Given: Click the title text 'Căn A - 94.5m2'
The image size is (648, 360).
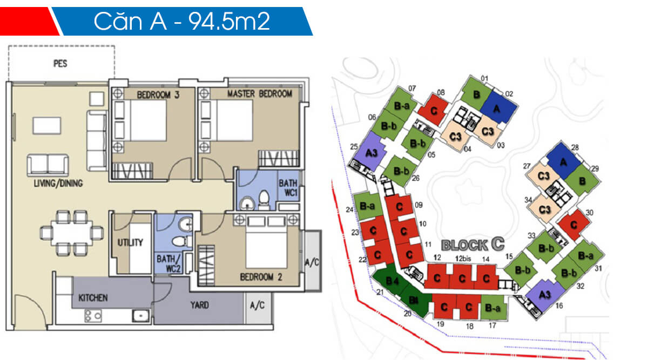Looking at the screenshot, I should click(181, 21).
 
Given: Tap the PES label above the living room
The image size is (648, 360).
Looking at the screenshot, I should click(60, 64).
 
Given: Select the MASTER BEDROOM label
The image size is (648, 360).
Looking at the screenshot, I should click(259, 94).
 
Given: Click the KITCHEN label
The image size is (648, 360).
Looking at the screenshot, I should click(93, 297).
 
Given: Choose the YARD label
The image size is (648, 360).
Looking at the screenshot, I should click(200, 305).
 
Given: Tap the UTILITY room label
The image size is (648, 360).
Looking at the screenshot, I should click(130, 243).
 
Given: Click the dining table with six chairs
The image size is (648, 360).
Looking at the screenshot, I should click(71, 233).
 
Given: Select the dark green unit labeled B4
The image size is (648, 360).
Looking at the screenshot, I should click(392, 282).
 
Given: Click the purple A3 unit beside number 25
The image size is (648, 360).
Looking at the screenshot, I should click(372, 153).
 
